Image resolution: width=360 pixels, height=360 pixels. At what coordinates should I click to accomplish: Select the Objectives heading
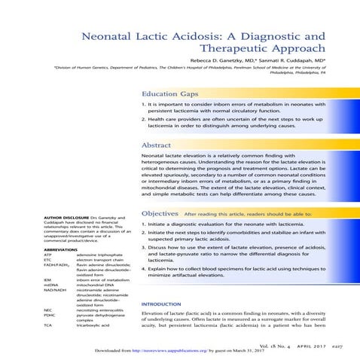tap(160, 213)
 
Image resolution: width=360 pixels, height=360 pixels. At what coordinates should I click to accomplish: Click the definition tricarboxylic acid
tap(93, 324)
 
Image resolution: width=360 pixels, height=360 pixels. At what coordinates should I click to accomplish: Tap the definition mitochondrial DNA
tap(96, 285)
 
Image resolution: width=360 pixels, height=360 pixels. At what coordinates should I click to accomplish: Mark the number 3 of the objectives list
tap(143, 246)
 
